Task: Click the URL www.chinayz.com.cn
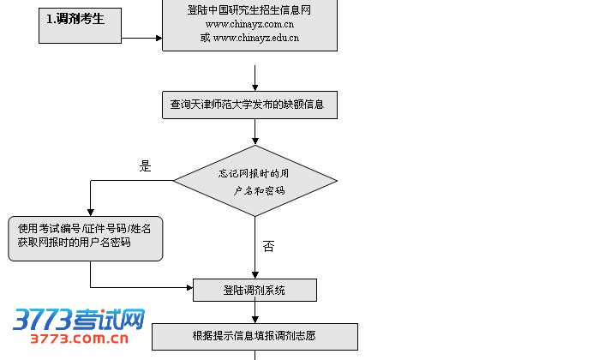pos(249,24)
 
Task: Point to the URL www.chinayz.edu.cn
pos(249,38)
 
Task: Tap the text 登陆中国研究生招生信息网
pos(249,10)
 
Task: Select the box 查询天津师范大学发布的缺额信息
pos(249,105)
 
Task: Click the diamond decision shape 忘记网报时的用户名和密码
pos(255,181)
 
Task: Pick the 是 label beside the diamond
pos(145,167)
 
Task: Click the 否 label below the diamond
pos(268,247)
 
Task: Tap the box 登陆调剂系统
pos(255,291)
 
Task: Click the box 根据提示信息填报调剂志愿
pos(255,336)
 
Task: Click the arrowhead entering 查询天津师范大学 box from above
pos(255,87)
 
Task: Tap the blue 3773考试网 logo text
pos(79,320)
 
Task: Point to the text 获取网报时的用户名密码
pos(74,243)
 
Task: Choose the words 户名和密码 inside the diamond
pos(260,190)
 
